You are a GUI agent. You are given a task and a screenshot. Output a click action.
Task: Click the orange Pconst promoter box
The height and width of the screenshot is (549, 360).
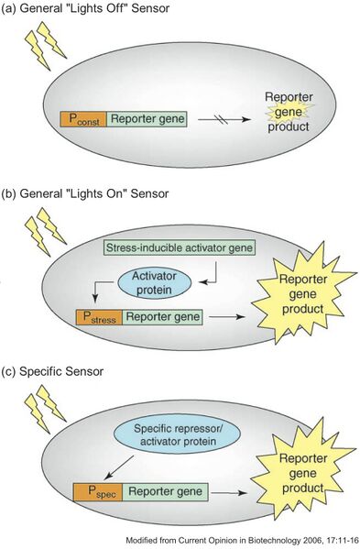(x=83, y=118)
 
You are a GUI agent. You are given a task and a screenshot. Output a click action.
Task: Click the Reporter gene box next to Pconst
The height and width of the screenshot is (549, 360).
(x=147, y=118)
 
